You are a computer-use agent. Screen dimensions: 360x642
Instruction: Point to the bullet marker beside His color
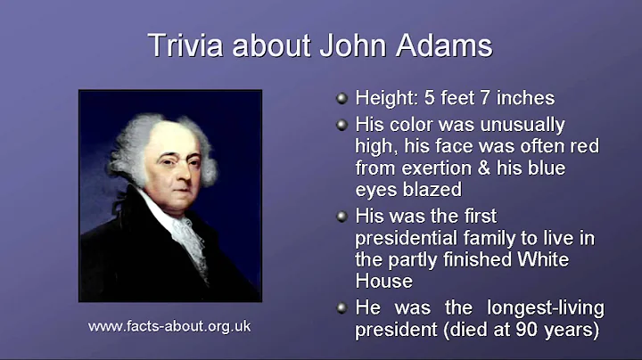341,126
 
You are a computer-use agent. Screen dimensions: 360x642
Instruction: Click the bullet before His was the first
341,217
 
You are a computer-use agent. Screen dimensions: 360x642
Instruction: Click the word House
383,281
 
